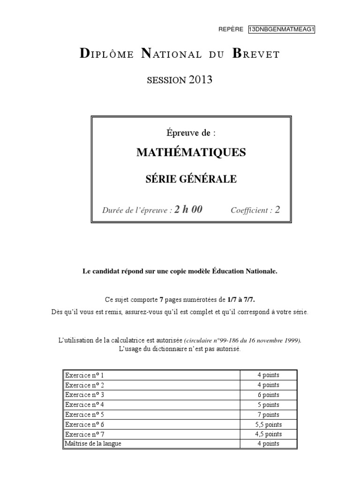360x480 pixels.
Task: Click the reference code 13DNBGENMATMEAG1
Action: pos(281,29)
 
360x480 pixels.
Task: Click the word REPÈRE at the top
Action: pos(231,29)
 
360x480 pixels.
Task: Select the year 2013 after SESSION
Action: pos(201,80)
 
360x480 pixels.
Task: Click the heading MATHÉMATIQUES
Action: pos(191,152)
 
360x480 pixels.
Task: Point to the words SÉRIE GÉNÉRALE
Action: pos(191,179)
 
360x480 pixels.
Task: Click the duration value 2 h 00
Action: pos(188,210)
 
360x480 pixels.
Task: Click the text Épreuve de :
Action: pos(191,133)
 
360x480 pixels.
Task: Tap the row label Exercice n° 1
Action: pos(85,375)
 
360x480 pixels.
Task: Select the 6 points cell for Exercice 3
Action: pos(268,395)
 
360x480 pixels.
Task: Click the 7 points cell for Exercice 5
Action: pos(268,414)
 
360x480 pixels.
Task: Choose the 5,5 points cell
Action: pos(268,424)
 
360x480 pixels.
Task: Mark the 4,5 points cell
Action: pos(268,434)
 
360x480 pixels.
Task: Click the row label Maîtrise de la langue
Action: pos(93,443)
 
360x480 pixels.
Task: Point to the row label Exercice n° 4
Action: pos(85,405)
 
